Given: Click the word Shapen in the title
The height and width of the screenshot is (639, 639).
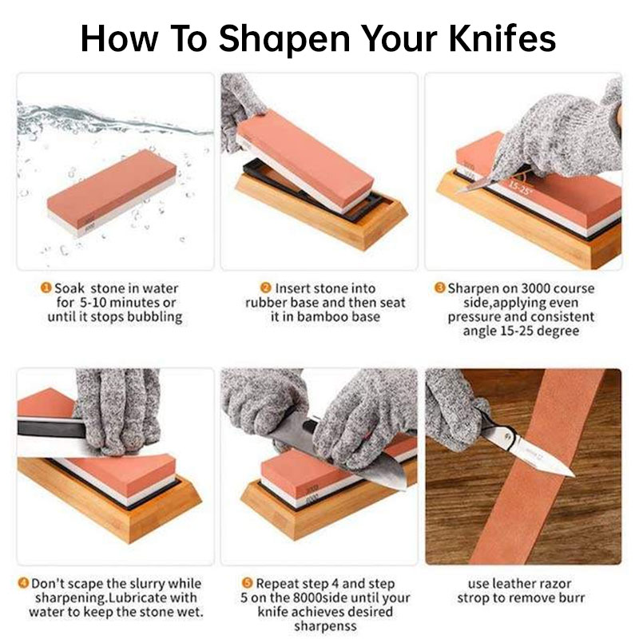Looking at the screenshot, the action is coord(284,39).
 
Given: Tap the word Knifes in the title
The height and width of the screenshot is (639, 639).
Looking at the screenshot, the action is coord(502,38).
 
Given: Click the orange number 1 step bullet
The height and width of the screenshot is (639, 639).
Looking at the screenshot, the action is coord(46,288).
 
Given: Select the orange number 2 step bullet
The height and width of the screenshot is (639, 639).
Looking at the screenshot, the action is coord(266,288).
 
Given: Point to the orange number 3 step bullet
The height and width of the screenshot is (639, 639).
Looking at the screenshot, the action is coord(440,288).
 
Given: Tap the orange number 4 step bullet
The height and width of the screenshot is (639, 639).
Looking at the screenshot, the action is coord(23,583).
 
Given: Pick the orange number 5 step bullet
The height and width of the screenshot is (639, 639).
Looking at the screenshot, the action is coord(247,583).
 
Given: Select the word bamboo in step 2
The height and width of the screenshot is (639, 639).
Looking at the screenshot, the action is coord(320,316).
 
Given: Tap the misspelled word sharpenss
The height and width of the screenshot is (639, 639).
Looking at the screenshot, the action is coord(325,626).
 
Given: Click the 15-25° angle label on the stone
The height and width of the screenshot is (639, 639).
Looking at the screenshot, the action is coord(520,189).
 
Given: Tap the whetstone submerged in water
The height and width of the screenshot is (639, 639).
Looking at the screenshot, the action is coord(111,192).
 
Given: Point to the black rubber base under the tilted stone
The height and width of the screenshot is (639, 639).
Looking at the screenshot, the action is coord(314,189).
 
